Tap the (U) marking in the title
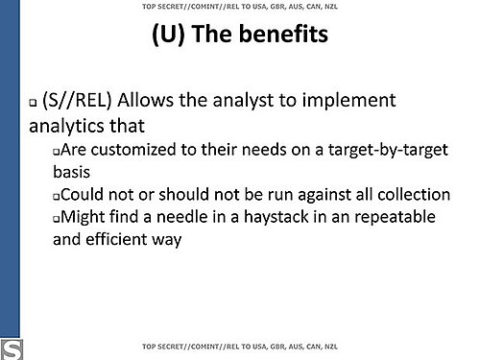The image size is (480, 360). [168, 35]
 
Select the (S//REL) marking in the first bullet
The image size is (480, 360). [77, 101]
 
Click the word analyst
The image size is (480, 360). [244, 101]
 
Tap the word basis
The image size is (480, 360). [71, 172]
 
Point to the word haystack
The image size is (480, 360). [276, 218]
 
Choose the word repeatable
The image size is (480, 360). [395, 218]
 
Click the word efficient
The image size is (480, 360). [115, 239]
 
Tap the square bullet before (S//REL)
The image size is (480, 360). [33, 103]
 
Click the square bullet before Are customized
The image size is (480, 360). [57, 152]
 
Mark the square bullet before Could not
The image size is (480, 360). [57, 197]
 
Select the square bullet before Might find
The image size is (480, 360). [57, 219]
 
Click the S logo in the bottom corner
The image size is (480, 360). [12, 349]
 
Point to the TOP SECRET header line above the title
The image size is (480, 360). [240, 7]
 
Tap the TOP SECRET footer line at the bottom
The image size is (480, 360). [240, 347]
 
